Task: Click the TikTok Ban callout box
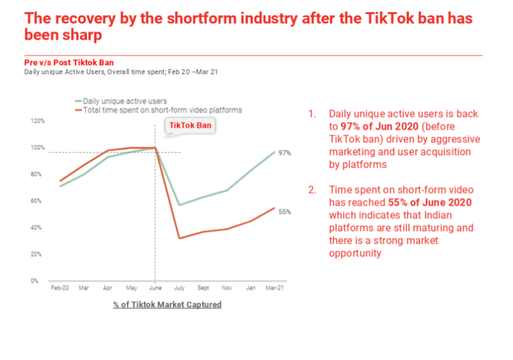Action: (190, 126)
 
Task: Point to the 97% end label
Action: (285, 153)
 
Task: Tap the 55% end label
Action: (285, 211)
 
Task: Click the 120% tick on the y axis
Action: (38, 121)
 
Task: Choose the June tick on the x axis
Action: (155, 289)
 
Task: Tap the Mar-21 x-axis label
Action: (275, 289)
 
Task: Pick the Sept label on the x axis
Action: (203, 289)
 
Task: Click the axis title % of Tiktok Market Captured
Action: (167, 304)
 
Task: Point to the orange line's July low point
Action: (180, 238)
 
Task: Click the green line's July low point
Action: (180, 205)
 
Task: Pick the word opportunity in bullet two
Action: (355, 253)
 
